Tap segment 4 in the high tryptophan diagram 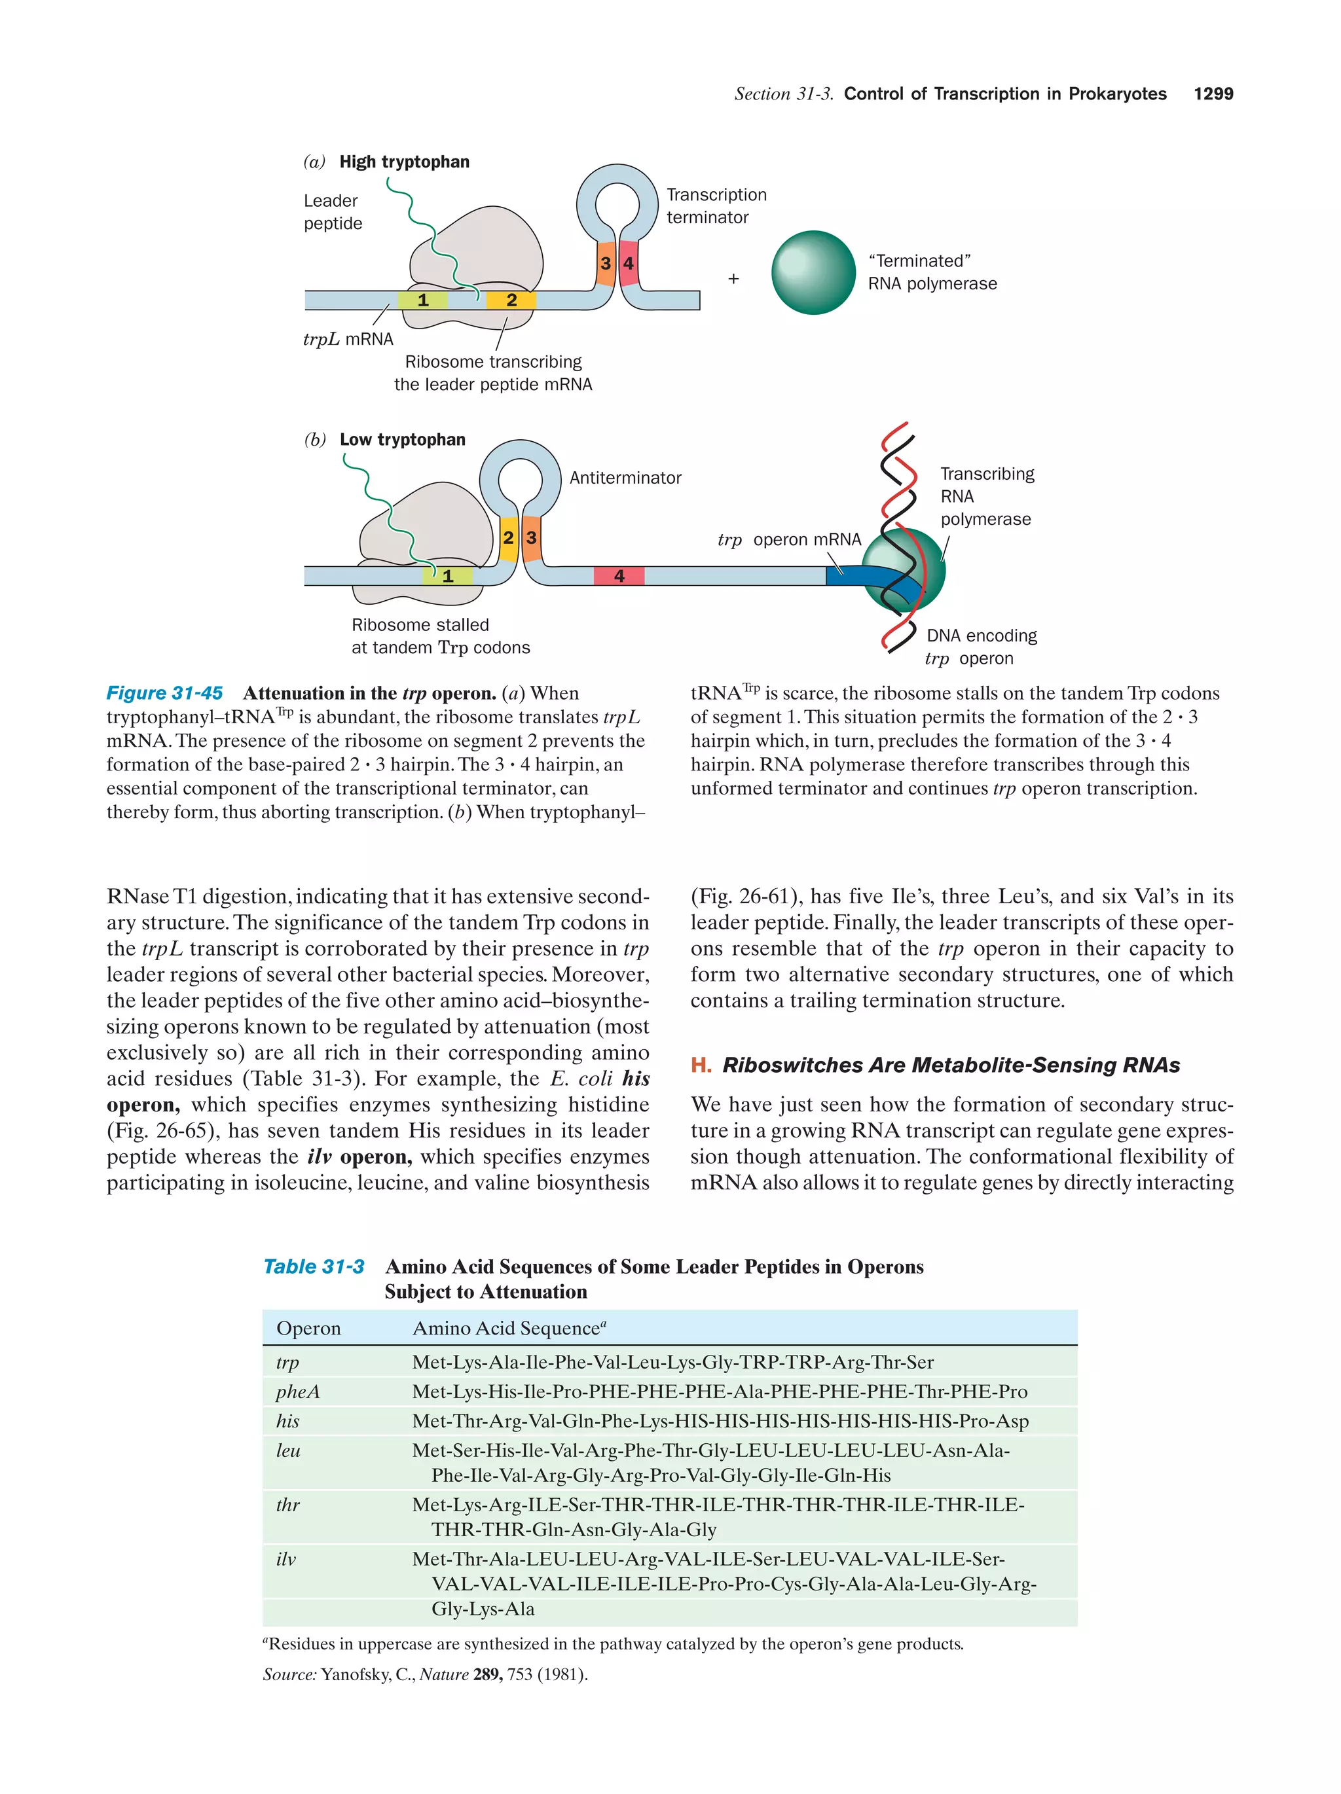coord(628,264)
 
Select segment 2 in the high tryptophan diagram coord(511,300)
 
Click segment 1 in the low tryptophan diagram coord(447,576)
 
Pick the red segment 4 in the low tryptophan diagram coord(619,576)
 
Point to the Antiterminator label coord(625,478)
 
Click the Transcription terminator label coord(716,206)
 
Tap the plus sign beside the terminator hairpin coord(733,279)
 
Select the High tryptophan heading coord(404,162)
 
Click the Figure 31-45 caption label coord(165,692)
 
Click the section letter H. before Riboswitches coord(700,1065)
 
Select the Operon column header coord(308,1327)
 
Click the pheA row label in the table coord(298,1391)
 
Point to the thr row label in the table coord(287,1505)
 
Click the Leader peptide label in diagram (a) coord(333,211)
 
